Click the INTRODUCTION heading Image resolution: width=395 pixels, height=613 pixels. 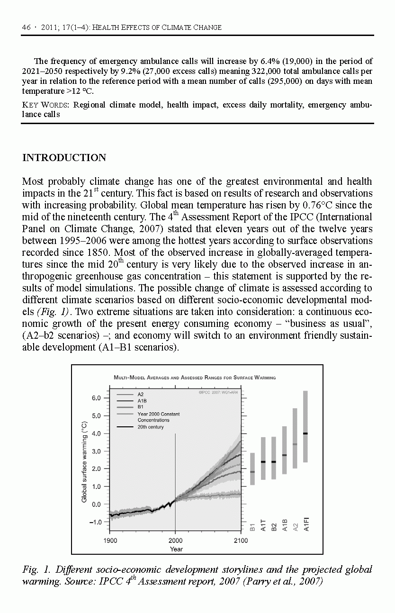[x=64, y=158]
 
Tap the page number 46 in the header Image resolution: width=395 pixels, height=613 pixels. [x=26, y=27]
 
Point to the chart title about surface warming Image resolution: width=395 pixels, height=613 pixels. [x=195, y=378]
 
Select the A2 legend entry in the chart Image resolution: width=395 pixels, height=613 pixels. [x=141, y=394]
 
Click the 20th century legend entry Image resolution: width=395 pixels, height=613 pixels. [x=151, y=427]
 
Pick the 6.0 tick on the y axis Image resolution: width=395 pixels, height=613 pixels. [x=96, y=398]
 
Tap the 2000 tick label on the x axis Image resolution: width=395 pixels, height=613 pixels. [x=175, y=541]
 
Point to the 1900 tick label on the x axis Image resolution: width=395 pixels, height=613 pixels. [x=110, y=541]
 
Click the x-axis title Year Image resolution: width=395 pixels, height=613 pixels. [x=176, y=549]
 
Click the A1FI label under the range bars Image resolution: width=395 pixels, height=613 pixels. [x=306, y=525]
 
